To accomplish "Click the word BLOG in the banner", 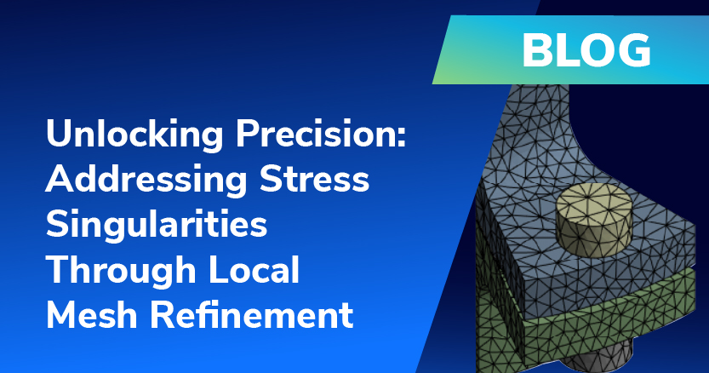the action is [586, 51].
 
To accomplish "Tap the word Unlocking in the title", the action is [134, 135].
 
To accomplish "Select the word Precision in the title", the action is [316, 134].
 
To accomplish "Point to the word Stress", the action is [314, 179].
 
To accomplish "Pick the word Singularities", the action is [157, 225].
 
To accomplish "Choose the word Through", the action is [120, 270].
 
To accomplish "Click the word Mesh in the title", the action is [91, 315].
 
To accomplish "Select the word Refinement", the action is [251, 315].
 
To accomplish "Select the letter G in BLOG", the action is [635, 51].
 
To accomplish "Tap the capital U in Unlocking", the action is [59, 134].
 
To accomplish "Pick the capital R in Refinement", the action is [162, 315].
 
